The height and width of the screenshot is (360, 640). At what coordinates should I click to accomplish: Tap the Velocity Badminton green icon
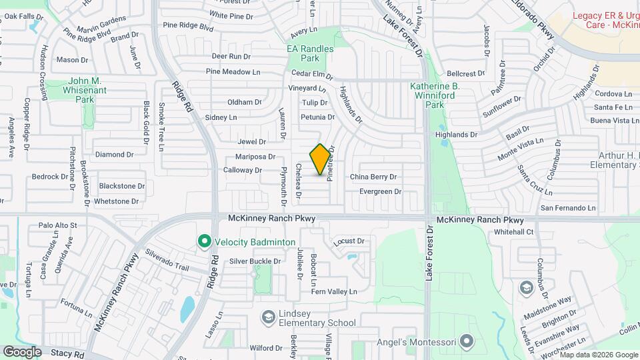pyautogui.click(x=204, y=241)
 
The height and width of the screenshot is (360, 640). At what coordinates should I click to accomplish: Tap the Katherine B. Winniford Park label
pyautogui.click(x=435, y=95)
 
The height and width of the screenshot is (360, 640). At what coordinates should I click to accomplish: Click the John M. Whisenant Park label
pyautogui.click(x=83, y=90)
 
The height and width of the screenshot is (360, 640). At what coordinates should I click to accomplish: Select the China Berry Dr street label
pyautogui.click(x=373, y=177)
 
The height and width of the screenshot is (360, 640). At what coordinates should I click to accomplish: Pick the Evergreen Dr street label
pyautogui.click(x=380, y=191)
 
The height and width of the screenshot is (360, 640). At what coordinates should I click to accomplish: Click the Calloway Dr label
pyautogui.click(x=243, y=170)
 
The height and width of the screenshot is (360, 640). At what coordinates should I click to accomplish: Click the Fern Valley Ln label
pyautogui.click(x=334, y=291)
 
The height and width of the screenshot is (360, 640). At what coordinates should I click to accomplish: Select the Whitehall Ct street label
pyautogui.click(x=514, y=232)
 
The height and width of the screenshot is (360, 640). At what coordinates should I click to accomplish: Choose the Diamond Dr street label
pyautogui.click(x=110, y=155)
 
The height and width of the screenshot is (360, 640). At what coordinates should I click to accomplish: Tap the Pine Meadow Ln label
pyautogui.click(x=233, y=71)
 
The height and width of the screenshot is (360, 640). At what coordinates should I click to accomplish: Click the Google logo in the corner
pyautogui.click(x=22, y=352)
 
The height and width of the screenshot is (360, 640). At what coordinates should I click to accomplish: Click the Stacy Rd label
pyautogui.click(x=66, y=355)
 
